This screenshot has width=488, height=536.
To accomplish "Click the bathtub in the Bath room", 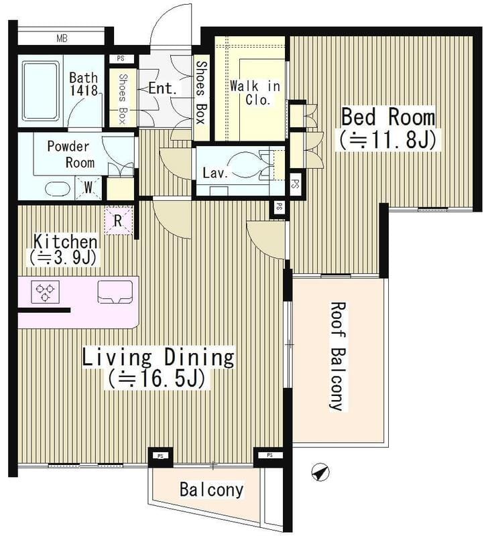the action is pos(40,91).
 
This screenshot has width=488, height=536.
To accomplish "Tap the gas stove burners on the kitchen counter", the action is pos(45,292).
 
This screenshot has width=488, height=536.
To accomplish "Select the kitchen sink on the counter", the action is pos(115,292).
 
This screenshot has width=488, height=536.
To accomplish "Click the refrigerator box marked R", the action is pos(118,221).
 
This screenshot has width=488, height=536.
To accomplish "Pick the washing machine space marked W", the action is pos(88,188).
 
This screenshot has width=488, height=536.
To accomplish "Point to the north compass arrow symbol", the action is pos(320,473).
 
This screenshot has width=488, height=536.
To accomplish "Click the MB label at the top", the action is pos(62,38).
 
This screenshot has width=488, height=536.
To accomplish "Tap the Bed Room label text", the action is pos(388,117).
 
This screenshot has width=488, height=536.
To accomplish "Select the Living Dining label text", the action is pos(158,357).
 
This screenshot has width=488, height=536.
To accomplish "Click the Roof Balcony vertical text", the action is pos(337,356).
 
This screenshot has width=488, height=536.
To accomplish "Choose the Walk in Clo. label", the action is pos(255,92).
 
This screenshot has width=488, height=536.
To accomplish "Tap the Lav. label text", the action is pos(215,173).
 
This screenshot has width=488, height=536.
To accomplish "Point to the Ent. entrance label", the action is pos(163,88).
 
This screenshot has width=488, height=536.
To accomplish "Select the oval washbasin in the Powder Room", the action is pos(58,189).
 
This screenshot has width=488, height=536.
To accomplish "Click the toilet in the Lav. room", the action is pos(245,165).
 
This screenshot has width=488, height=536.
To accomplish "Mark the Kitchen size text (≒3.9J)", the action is pos(62,259).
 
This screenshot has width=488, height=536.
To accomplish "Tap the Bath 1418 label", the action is pos(84,84).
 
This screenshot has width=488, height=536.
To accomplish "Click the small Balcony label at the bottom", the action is pos(212,490).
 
